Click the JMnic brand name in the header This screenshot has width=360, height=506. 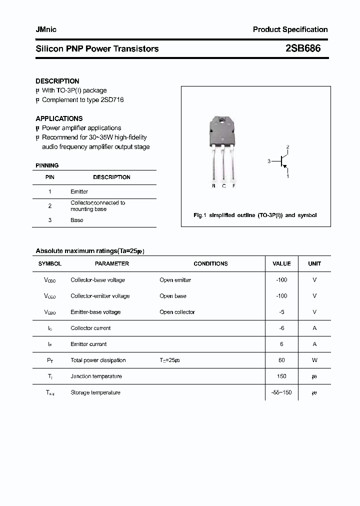46,29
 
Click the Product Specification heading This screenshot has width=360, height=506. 290,29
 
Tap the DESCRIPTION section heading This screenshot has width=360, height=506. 57,81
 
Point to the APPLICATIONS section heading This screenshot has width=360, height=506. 59,118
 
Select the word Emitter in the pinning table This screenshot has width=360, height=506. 79,191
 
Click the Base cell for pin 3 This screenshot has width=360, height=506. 76,220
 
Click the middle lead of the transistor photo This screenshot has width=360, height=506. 224,165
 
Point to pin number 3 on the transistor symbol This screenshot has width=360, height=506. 269,161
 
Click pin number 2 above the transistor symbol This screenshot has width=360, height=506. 287,146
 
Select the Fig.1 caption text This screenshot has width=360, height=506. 255,215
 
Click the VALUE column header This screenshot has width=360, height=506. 281,263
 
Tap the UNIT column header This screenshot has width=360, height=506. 314,263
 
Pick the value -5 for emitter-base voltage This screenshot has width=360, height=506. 281,312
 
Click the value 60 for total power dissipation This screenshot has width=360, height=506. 281,360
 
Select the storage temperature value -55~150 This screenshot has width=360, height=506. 281,392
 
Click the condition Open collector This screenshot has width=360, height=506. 177,312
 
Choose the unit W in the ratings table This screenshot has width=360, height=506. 314,360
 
